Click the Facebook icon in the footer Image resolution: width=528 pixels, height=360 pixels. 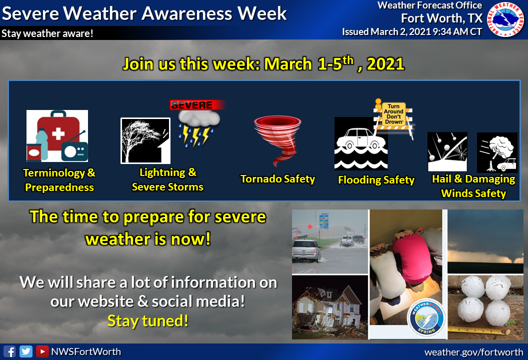(x=9, y=351)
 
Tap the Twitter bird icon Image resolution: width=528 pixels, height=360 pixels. (x=26, y=351)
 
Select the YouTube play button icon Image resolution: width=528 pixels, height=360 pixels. (x=42, y=351)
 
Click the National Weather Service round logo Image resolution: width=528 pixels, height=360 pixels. (x=505, y=19)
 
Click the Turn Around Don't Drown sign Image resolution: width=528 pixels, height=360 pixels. (x=393, y=114)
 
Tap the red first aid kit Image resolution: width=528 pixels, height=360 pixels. (x=58, y=133)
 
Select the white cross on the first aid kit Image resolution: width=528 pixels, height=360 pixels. (x=58, y=133)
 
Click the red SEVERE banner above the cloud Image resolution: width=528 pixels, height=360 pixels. (x=196, y=105)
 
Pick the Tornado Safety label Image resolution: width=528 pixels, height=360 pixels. (x=277, y=179)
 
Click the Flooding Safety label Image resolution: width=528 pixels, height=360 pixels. (x=376, y=180)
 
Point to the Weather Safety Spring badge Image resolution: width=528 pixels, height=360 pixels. (x=426, y=318)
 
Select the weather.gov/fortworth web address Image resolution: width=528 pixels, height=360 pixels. (x=473, y=352)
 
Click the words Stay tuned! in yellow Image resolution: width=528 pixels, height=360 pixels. (x=147, y=321)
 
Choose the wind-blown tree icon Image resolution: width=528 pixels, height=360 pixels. (x=145, y=141)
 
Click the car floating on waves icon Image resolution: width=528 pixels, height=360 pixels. (x=361, y=143)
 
